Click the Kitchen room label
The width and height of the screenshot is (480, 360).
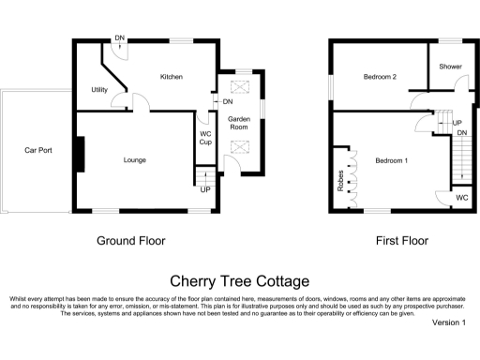pos(171,77)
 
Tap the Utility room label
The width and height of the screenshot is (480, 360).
pos(99,90)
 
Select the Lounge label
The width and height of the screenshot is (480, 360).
pos(135,160)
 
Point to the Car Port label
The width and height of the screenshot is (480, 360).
pos(38,150)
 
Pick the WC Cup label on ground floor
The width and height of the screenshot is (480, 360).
pos(205,138)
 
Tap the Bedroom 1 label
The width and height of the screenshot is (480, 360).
pos(392,160)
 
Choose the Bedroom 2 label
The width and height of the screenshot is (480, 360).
pos(380,77)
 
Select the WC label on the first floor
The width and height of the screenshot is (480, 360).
pos(461,198)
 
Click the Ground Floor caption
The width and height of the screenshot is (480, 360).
pos(131,241)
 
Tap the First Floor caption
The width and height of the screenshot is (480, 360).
pos(402,241)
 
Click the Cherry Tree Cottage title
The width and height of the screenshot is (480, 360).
pos(239,280)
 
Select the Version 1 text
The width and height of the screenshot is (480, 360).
pos(448,322)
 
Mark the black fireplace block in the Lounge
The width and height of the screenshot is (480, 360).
pos(81,155)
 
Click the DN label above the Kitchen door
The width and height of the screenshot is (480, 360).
pos(119,37)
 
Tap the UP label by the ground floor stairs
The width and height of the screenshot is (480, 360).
pos(205,189)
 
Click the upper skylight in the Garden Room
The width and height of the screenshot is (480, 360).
pos(239,87)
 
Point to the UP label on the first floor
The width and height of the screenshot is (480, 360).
pos(457,123)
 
